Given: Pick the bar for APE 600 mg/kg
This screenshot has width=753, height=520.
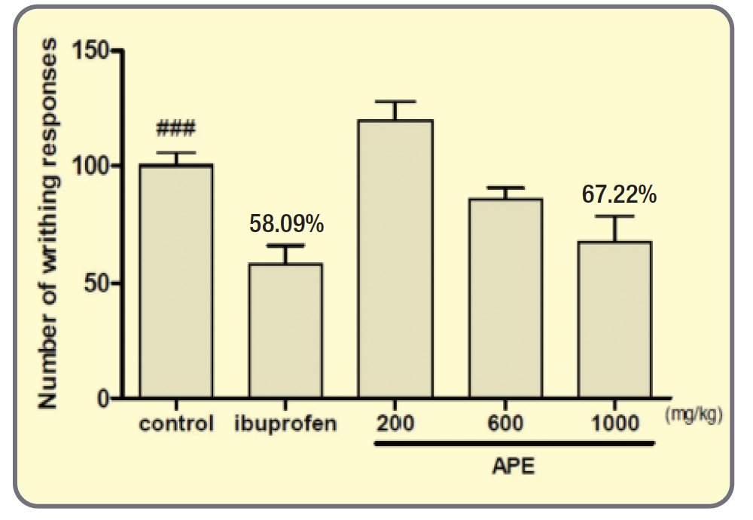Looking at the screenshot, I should (x=505, y=298).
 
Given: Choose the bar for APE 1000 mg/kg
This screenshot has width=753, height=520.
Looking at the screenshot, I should (x=615, y=320).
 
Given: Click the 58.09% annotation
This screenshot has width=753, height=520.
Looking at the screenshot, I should (x=286, y=224).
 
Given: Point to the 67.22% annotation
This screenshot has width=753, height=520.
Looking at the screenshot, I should (x=619, y=194).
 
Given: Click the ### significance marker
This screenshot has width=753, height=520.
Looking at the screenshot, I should (x=175, y=129).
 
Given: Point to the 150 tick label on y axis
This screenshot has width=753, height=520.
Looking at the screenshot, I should (x=91, y=51).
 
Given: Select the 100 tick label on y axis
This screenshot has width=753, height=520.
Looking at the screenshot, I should (x=91, y=167).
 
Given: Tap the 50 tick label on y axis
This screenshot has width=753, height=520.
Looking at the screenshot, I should (x=97, y=283).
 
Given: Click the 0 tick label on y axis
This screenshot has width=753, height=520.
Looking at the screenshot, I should (x=104, y=399).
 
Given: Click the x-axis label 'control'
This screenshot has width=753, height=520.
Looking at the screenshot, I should (x=176, y=423).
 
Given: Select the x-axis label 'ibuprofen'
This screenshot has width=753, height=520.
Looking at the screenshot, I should (x=286, y=423).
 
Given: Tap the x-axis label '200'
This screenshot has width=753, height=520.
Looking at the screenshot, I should (x=396, y=423).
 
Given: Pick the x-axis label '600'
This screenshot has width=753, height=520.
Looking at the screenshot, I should (x=505, y=423).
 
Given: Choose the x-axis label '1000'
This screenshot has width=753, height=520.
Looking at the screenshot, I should (x=615, y=423).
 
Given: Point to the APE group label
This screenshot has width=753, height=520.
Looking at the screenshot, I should (x=513, y=466).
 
